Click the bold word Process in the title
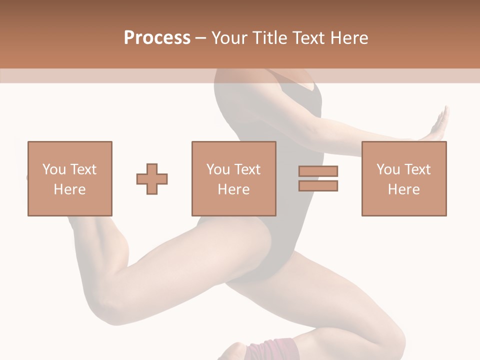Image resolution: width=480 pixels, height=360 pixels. pyautogui.click(x=157, y=38)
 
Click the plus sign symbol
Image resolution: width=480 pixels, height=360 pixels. pyautogui.click(x=152, y=178)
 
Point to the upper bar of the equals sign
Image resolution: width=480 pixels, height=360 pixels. pyautogui.click(x=318, y=171)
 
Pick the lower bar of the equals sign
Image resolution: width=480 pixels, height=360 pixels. pyautogui.click(x=318, y=185)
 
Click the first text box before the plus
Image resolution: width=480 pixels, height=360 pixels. pyautogui.click(x=70, y=178)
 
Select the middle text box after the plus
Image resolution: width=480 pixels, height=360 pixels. pyautogui.click(x=234, y=178)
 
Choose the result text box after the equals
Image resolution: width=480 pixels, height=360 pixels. pyautogui.click(x=404, y=178)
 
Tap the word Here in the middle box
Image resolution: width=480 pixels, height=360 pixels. pyautogui.click(x=234, y=189)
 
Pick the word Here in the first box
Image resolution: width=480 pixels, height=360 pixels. pyautogui.click(x=70, y=189)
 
